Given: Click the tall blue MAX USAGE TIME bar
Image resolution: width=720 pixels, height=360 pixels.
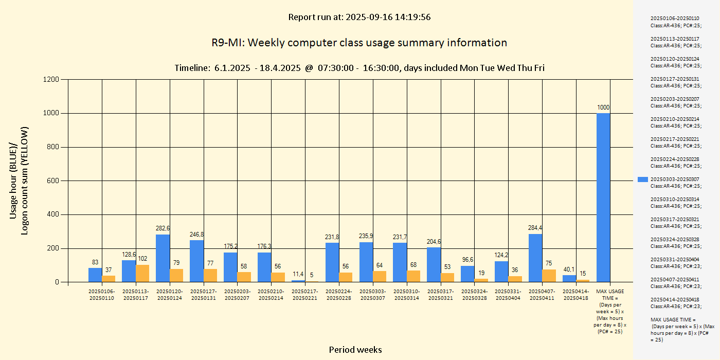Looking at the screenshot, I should pyautogui.click(x=603, y=197).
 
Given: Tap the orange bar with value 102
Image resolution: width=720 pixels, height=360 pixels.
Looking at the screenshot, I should pyautogui.click(x=142, y=273).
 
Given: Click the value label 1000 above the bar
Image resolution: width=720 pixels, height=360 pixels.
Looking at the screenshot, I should pyautogui.click(x=603, y=107).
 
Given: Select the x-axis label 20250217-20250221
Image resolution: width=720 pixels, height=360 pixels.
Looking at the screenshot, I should pyautogui.click(x=305, y=295).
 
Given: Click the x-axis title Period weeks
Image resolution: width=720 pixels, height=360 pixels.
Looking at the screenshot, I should pyautogui.click(x=355, y=350).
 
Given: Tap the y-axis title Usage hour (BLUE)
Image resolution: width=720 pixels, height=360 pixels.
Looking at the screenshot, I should pyautogui.click(x=14, y=180).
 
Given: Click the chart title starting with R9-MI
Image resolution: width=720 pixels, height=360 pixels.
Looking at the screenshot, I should pyautogui.click(x=359, y=43).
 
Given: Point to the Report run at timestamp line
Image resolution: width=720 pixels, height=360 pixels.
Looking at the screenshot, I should pyautogui.click(x=359, y=17).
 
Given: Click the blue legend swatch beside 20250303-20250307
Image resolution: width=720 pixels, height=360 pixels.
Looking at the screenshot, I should pyautogui.click(x=642, y=179).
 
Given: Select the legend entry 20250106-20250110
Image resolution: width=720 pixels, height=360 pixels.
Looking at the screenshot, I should pyautogui.click(x=675, y=22).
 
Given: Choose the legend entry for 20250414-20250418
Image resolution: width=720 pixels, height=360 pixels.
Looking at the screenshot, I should pyautogui.click(x=675, y=303).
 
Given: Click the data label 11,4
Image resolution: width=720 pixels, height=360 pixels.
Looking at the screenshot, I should pyautogui.click(x=298, y=274).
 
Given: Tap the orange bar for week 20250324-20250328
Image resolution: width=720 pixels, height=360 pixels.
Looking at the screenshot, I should pyautogui.click(x=481, y=280).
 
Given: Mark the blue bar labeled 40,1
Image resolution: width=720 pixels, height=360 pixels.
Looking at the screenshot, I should pyautogui.click(x=569, y=278).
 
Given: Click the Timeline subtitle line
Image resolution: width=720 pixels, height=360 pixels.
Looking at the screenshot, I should pyautogui.click(x=359, y=68).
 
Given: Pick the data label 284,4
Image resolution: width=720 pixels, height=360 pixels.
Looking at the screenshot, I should pyautogui.click(x=535, y=228).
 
